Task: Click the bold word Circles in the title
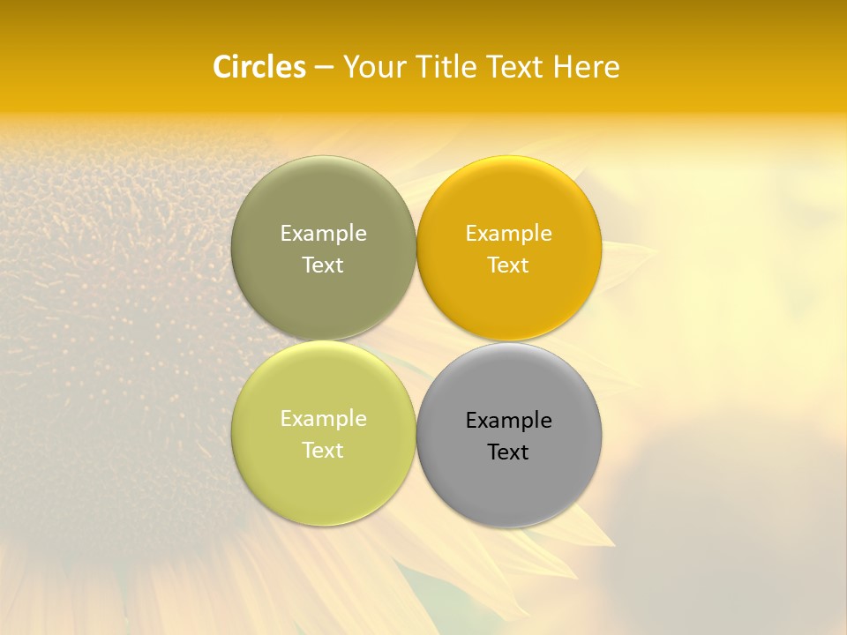click(259, 67)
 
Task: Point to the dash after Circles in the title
click(324, 68)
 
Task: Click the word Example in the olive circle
click(323, 233)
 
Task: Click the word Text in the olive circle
click(323, 265)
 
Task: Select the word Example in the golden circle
click(508, 233)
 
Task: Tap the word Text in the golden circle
click(508, 265)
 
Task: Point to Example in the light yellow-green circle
click(323, 418)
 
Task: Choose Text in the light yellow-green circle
click(323, 450)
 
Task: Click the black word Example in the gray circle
click(508, 420)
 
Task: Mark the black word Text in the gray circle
click(508, 452)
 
